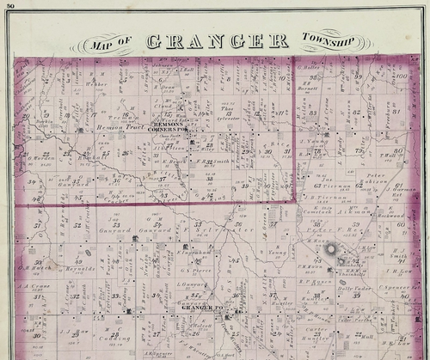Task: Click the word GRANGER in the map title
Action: pyautogui.click(x=217, y=41)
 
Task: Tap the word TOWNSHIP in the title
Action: pyautogui.click(x=327, y=39)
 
